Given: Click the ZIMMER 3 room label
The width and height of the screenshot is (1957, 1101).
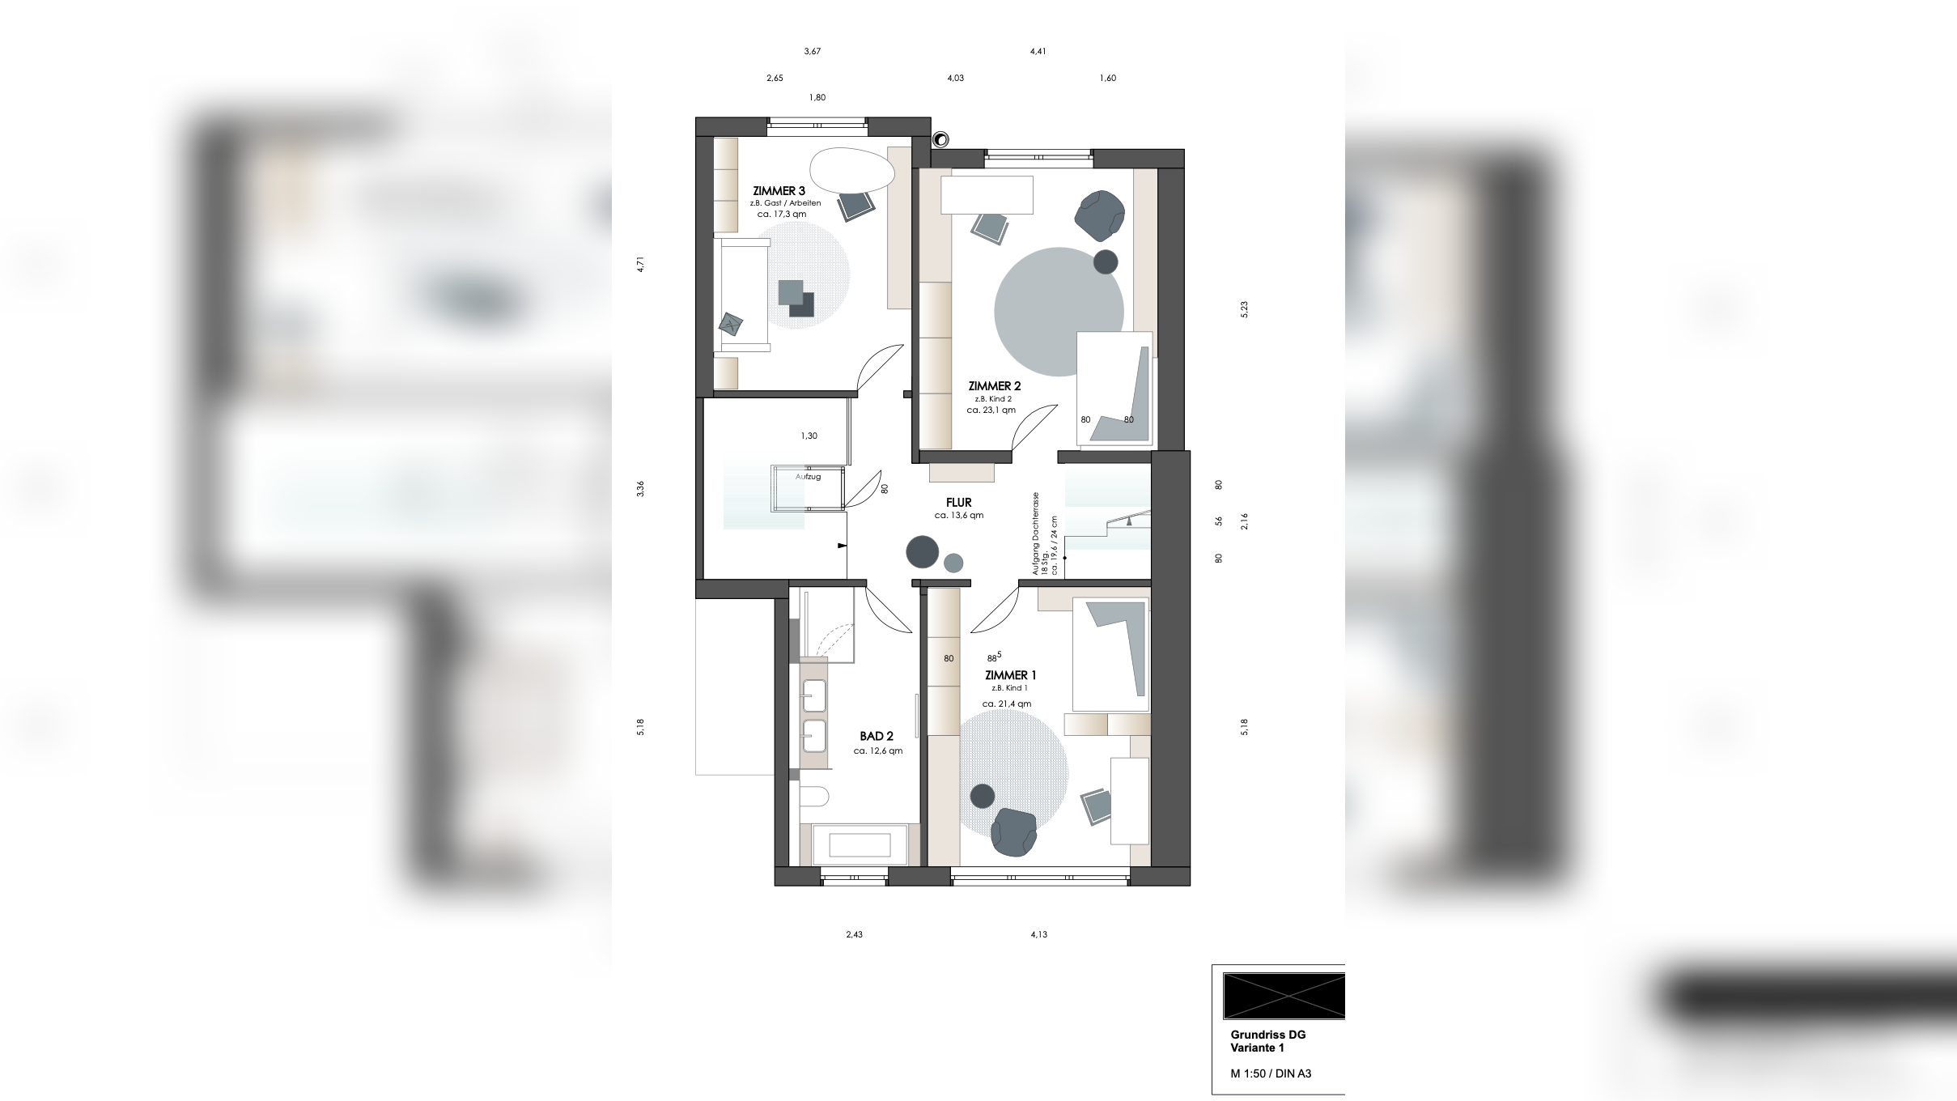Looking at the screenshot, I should click(779, 191).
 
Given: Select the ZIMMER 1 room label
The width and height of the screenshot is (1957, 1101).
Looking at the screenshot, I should click(1010, 675).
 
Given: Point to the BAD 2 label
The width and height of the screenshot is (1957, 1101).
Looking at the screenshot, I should click(877, 737).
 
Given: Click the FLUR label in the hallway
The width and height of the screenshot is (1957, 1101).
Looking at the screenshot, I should click(958, 503).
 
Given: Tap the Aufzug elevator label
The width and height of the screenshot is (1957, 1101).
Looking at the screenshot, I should click(808, 477).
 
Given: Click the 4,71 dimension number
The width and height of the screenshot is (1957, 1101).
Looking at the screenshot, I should click(640, 264).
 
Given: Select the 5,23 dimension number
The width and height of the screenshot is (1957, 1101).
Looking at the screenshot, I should click(1244, 309).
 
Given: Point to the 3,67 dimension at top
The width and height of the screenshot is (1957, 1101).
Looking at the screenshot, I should click(812, 52).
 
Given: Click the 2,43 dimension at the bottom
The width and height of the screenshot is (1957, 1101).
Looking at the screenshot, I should click(854, 934).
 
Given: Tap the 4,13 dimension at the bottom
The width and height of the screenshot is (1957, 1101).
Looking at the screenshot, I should click(1038, 934).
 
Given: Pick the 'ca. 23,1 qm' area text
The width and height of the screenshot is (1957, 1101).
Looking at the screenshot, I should click(991, 410).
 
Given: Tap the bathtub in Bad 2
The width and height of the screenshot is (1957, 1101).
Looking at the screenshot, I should click(859, 845).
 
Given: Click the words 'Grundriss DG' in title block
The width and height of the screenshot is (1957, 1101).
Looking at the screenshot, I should click(1267, 1035).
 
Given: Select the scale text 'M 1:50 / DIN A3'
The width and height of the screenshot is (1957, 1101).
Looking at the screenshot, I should click(1271, 1074).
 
